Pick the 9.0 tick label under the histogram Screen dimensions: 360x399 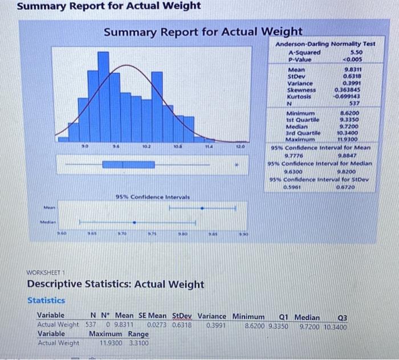coord(85,146)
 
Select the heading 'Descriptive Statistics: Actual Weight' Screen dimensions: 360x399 coord(116,284)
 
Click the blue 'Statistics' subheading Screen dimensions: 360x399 coord(46,300)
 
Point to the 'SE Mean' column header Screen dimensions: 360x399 coord(153,316)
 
